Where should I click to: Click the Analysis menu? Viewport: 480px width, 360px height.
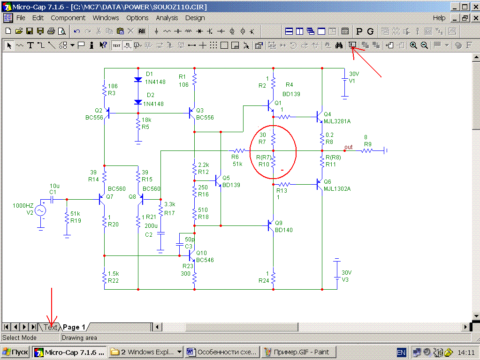pyautogui.click(x=167, y=18)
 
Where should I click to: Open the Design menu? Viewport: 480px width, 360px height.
pyautogui.click(x=195, y=18)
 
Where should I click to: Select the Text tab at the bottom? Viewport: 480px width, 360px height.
pyautogui.click(x=50, y=327)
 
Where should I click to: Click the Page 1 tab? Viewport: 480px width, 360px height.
pyautogui.click(x=74, y=327)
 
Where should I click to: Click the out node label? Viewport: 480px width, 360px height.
pyautogui.click(x=348, y=147)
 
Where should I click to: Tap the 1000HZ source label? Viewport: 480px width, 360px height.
pyautogui.click(x=23, y=206)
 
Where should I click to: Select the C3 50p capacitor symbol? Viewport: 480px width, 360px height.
pyautogui.click(x=179, y=244)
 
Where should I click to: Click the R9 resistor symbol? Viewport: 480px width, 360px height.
pyautogui.click(x=367, y=150)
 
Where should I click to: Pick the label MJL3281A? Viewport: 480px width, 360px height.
pyautogui.click(x=337, y=121)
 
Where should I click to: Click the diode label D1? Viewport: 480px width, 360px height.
pyautogui.click(x=150, y=74)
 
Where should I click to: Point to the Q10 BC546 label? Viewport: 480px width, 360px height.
pyautogui.click(x=205, y=256)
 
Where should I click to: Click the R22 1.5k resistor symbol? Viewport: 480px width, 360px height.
pyautogui.click(x=104, y=277)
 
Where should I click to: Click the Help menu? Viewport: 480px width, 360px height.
pyautogui.click(x=439, y=18)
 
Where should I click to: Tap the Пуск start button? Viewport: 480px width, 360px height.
pyautogui.click(x=15, y=352)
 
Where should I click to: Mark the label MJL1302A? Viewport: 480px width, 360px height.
pyautogui.click(x=337, y=189)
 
